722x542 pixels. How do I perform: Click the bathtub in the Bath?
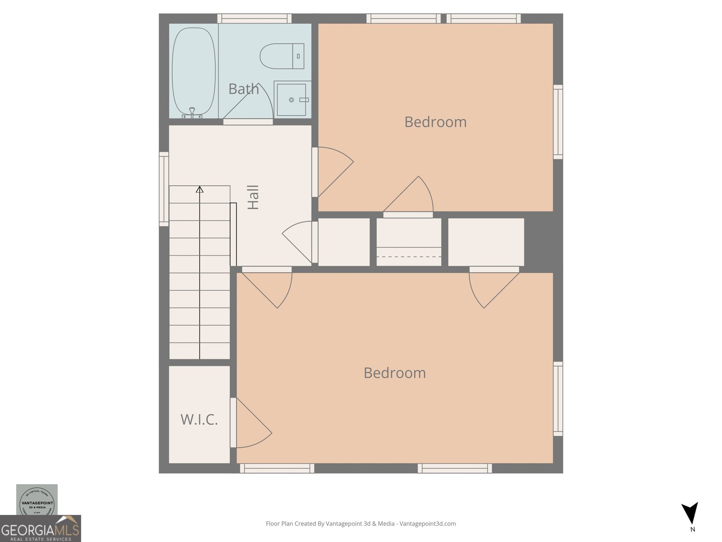coord(194,71)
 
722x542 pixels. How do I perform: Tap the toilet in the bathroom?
coord(282,56)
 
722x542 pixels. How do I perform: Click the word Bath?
coord(244,89)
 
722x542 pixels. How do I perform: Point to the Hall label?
coord(254,197)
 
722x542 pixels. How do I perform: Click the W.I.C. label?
coord(199,420)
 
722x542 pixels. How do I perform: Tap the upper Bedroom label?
coord(435,122)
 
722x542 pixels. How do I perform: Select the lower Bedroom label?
coord(394,373)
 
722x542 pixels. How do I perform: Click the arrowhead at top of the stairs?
coord(199,189)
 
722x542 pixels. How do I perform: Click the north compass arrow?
coord(691,513)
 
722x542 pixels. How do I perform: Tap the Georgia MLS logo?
coord(40,529)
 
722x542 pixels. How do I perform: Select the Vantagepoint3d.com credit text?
coord(361,524)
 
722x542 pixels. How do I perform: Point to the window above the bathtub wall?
coord(254,19)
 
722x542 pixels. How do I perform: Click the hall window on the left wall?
coord(164,189)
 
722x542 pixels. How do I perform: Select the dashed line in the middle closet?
coord(409,257)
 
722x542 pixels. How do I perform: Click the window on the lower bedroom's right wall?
coord(558,399)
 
